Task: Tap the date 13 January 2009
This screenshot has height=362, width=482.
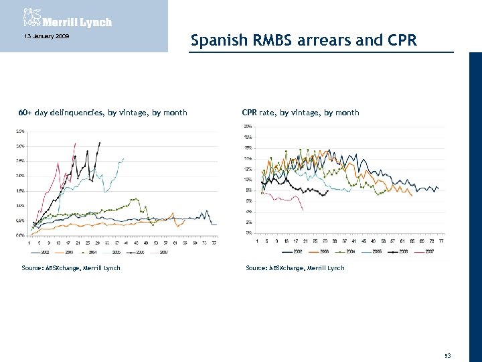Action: (x=42, y=36)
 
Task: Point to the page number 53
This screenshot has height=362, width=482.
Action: (x=447, y=355)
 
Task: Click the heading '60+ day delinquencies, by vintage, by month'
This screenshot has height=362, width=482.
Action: (x=102, y=113)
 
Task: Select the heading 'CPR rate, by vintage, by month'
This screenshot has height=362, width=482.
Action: (x=301, y=113)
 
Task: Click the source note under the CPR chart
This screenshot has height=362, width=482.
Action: (x=295, y=268)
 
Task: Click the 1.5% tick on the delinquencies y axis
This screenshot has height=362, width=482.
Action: (x=21, y=190)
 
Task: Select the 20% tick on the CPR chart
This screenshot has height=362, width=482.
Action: (x=248, y=126)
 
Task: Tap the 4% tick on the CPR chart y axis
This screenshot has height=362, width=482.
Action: (x=248, y=211)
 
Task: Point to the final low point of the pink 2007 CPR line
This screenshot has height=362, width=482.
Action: (x=303, y=210)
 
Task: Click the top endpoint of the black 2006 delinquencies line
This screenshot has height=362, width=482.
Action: (x=100, y=142)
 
